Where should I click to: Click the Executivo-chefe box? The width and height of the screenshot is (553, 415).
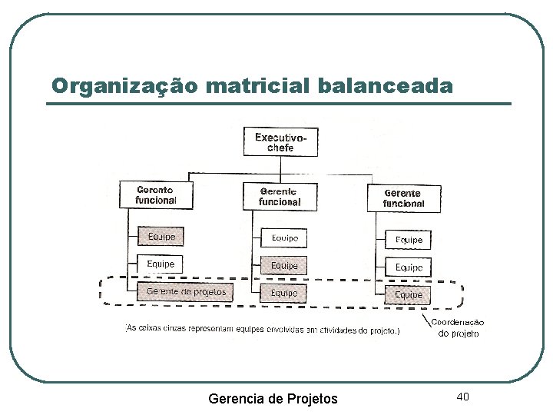[280, 142]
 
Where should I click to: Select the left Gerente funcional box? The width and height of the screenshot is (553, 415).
[155, 194]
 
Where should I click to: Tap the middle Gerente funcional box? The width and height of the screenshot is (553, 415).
[280, 196]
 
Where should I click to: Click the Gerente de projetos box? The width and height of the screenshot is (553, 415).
[185, 291]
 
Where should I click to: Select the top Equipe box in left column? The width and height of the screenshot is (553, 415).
[161, 237]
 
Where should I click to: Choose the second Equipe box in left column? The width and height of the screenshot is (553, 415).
[161, 264]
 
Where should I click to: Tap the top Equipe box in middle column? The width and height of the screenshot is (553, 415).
[284, 238]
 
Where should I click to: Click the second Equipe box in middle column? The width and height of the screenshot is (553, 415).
[284, 266]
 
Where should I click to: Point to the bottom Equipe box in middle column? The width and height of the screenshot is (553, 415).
[284, 293]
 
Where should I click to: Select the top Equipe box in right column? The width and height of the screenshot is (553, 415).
[409, 240]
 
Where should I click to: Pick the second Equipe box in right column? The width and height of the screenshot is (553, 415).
[409, 267]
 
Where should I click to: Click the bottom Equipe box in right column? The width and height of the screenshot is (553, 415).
[409, 294]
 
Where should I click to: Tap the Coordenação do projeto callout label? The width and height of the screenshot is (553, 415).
[458, 328]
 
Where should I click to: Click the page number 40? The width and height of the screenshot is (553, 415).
[462, 396]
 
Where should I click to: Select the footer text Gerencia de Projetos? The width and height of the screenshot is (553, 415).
[273, 398]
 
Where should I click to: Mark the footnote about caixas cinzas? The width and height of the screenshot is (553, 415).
[263, 330]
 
